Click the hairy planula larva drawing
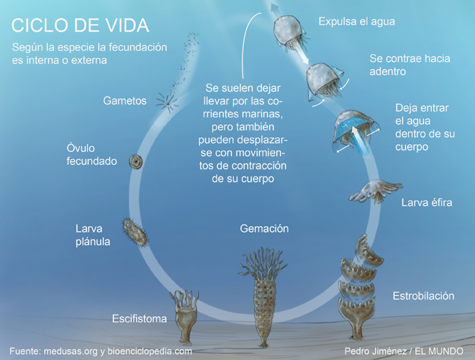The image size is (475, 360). click(x=132, y=231)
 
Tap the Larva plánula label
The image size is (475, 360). click(x=93, y=235)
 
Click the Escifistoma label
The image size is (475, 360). click(x=140, y=318)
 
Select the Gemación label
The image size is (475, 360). click(x=263, y=229)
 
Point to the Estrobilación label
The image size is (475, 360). click(x=423, y=296)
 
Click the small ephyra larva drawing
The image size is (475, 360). click(x=374, y=191)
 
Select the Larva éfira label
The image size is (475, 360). click(x=426, y=202)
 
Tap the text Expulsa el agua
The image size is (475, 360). click(x=357, y=22)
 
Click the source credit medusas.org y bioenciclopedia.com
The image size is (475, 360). click(x=101, y=351)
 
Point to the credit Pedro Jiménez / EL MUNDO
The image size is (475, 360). click(x=404, y=351)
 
